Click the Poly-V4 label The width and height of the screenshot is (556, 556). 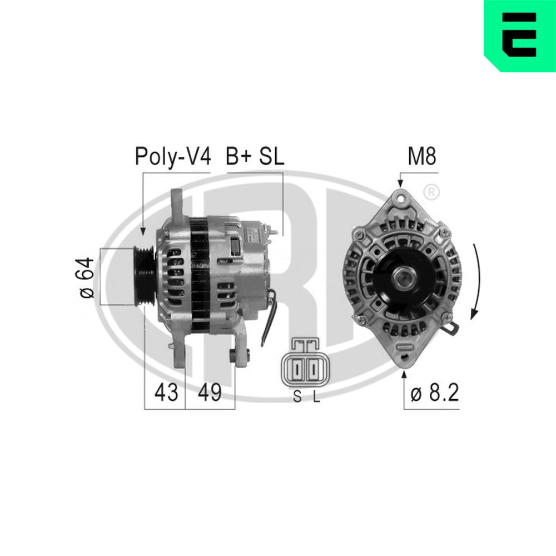173,156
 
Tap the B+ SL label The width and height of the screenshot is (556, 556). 255,156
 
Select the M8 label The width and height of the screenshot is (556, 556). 421,156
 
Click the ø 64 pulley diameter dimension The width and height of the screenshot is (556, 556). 87,277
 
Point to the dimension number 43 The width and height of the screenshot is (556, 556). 166,392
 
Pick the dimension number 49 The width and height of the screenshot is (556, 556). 210,392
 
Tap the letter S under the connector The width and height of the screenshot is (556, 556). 297,397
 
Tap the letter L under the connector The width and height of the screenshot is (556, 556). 316,397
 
